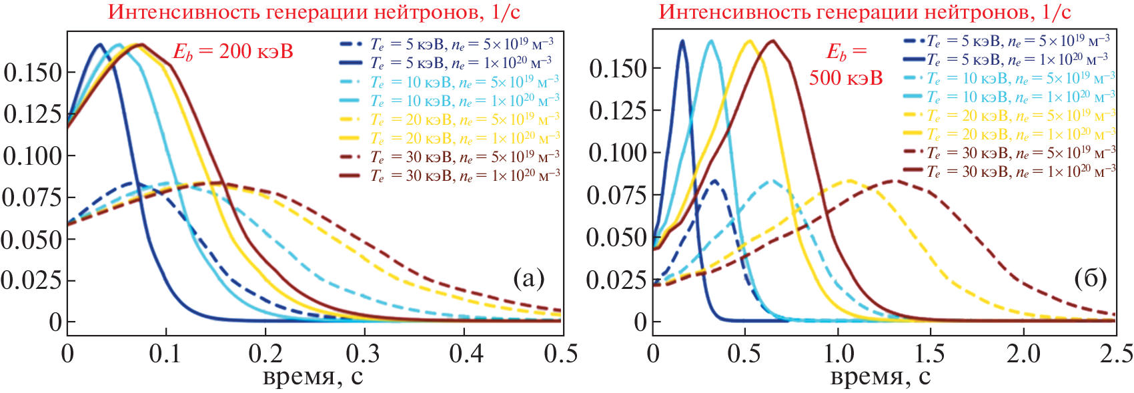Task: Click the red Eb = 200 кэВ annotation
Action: click(233, 52)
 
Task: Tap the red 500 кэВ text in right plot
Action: click(846, 79)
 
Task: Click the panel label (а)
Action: click(529, 278)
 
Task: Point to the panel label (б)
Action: click(1091, 278)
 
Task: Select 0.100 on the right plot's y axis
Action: click(618, 152)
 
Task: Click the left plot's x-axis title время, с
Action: click(313, 377)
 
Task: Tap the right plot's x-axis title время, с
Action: click(880, 377)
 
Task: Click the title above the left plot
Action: click(314, 12)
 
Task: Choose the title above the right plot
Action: click(865, 12)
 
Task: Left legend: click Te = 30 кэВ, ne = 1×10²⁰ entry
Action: click(465, 175)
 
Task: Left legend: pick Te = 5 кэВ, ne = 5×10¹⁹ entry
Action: click(462, 45)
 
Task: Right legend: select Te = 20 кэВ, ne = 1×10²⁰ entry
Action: click(1021, 134)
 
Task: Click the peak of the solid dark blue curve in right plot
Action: click(682, 41)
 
